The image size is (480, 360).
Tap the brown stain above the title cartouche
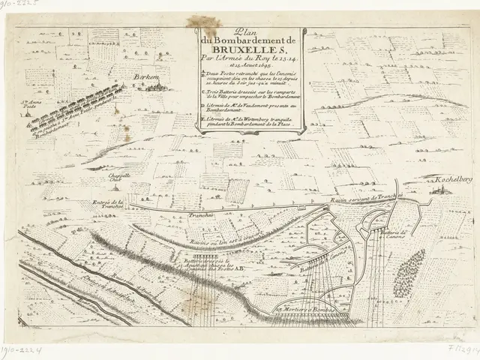[x=204, y=23]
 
